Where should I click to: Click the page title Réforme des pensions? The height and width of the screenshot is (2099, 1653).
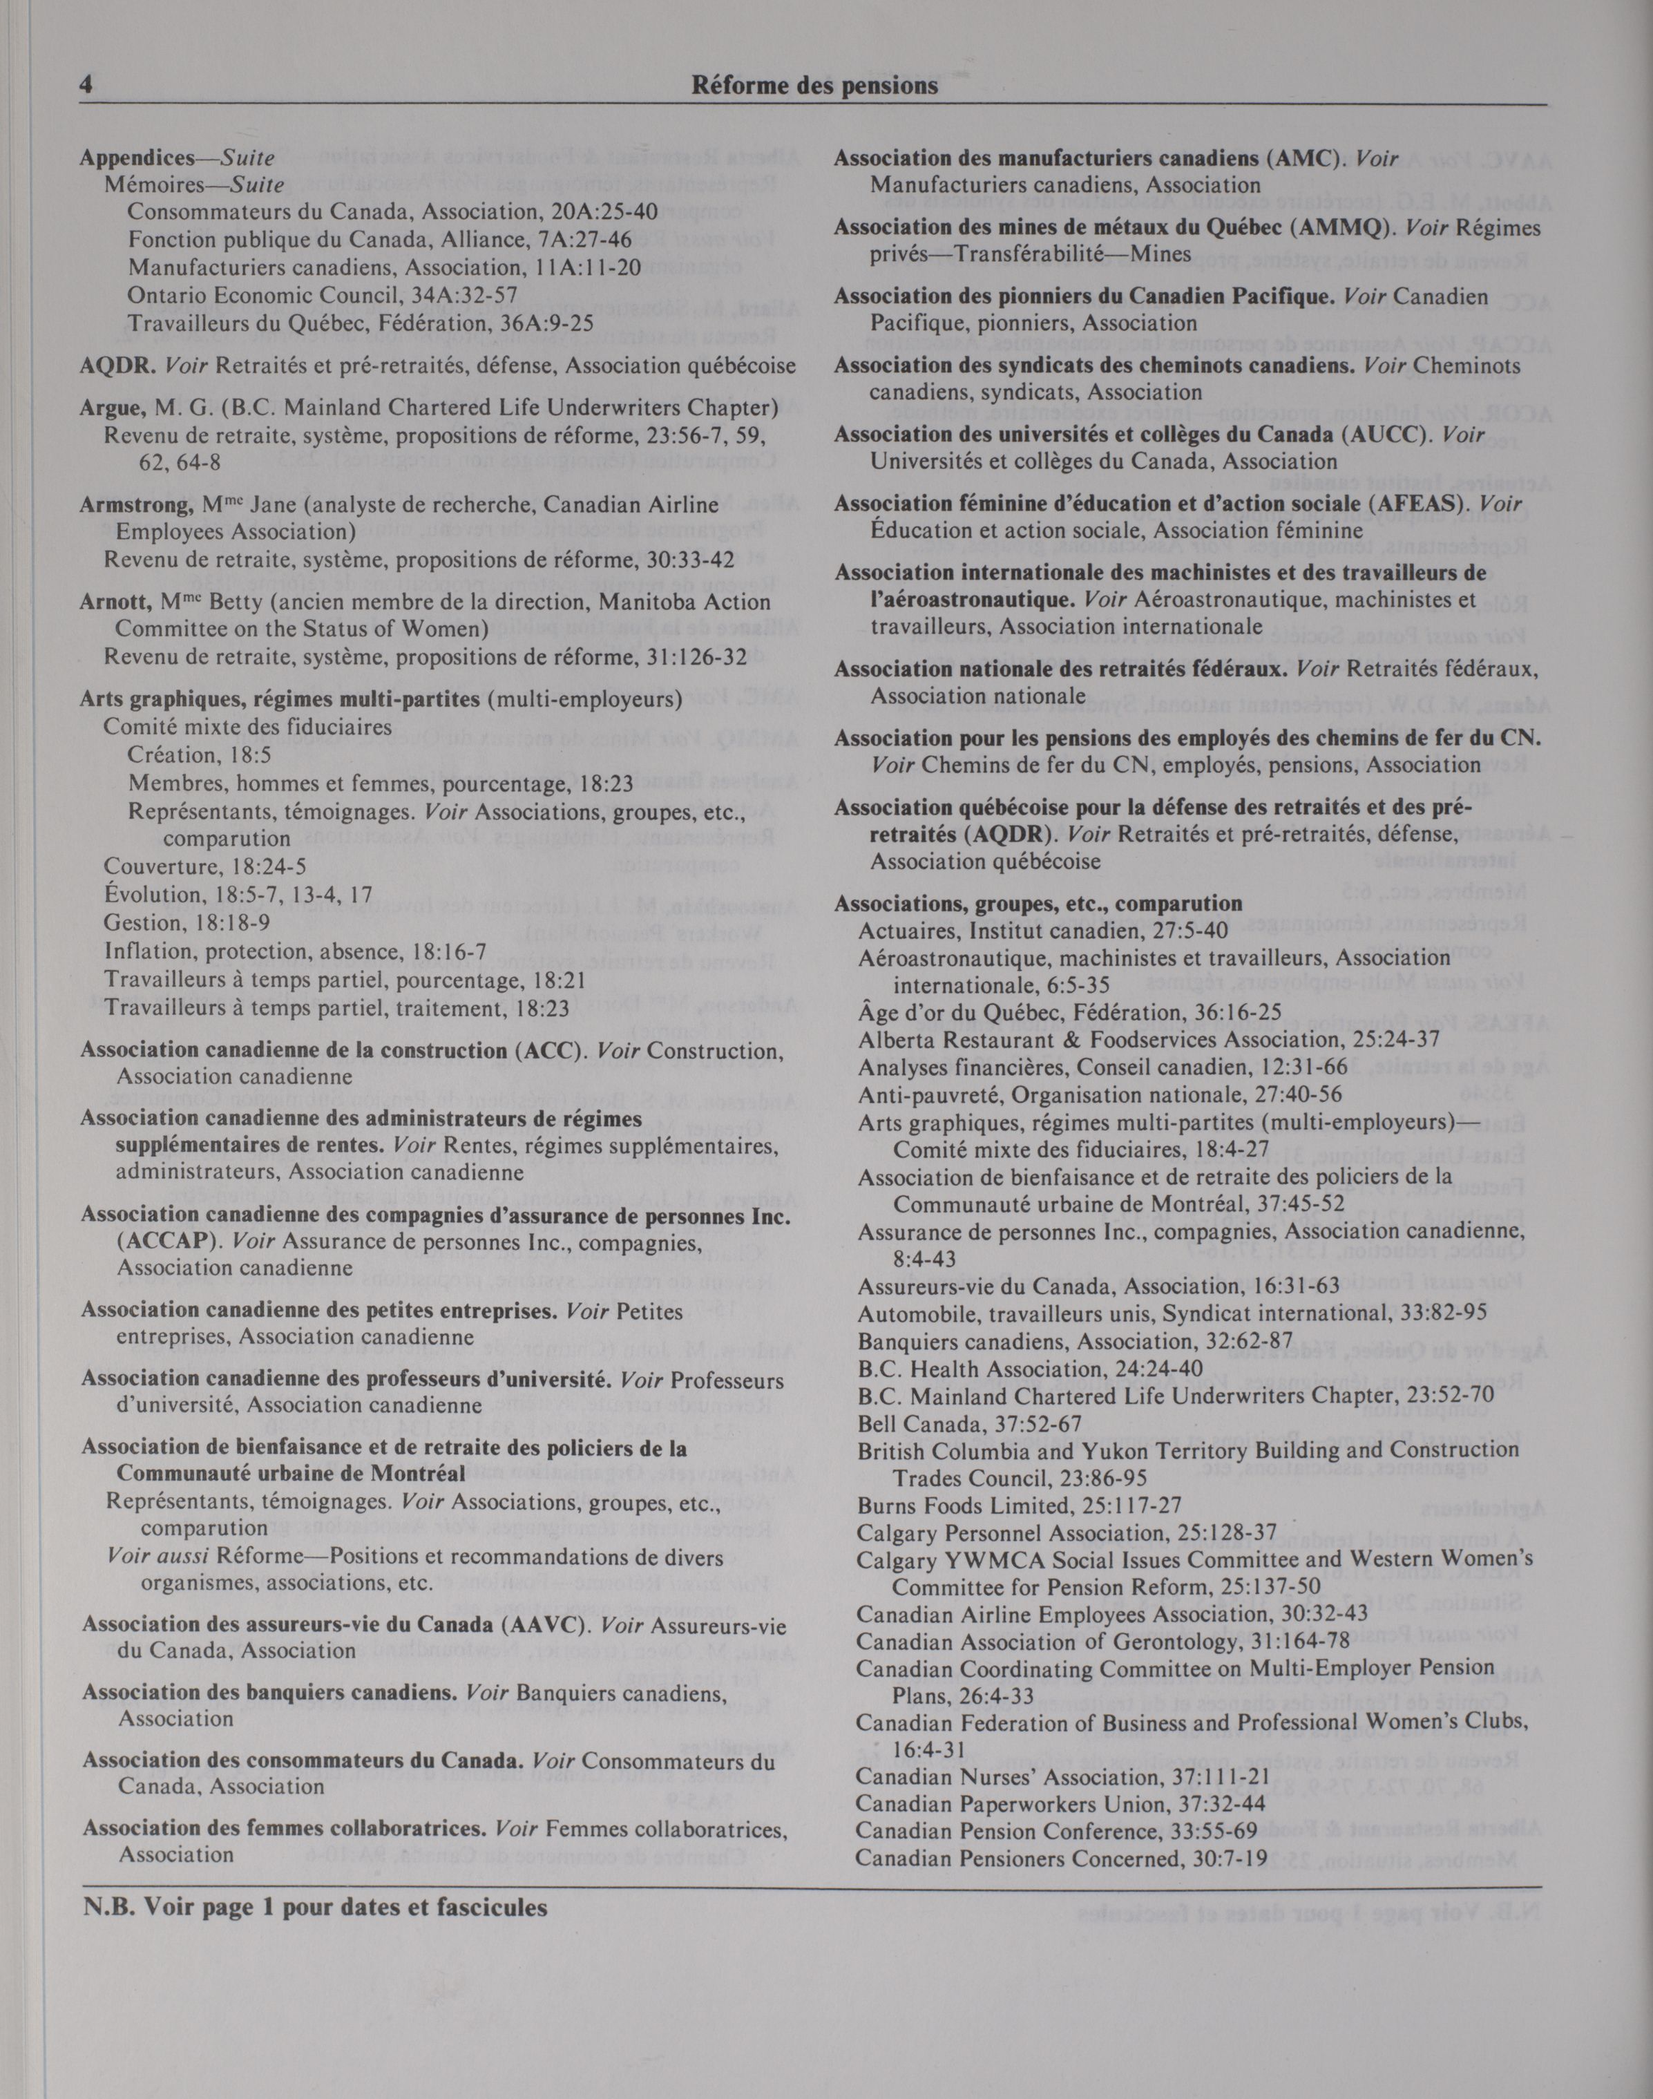815,86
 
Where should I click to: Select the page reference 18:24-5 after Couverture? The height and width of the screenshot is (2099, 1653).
258,867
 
